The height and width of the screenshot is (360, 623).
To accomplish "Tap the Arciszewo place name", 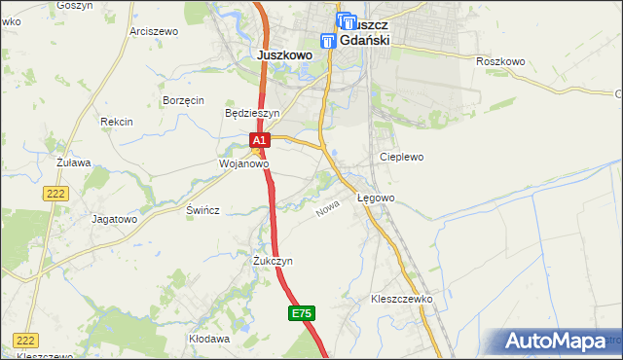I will pos(151,31).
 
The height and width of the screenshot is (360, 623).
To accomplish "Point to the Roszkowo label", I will pos(500,61).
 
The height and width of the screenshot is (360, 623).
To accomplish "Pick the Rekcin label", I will pos(116,122).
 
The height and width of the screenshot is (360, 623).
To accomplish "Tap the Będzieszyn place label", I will pos(252,113).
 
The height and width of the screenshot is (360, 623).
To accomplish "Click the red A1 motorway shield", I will pos(257,141).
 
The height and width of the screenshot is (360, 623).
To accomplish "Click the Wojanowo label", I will pos(242,164).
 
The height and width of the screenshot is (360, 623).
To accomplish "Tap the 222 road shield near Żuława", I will pos(55,195).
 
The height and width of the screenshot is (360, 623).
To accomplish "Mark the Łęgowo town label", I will pos(376,198).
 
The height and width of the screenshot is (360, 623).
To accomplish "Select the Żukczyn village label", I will pos(273,262).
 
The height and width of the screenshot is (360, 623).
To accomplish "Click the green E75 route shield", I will pos(301,313).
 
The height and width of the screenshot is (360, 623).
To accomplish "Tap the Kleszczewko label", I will pos(401,300).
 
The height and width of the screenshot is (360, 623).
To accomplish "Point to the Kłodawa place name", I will pos(209,340).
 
